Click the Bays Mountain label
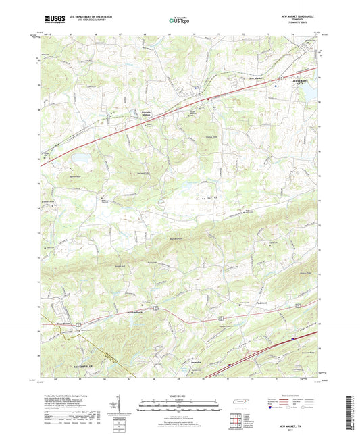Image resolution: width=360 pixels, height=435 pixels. [176, 238]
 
